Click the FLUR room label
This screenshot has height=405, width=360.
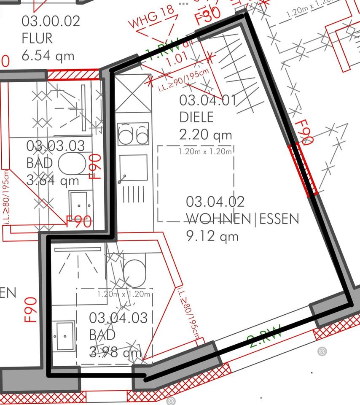pyautogui.click(x=37, y=38)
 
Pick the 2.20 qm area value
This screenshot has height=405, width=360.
pyautogui.click(x=206, y=135)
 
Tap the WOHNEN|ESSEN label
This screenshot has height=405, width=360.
pyautogui.click(x=243, y=219)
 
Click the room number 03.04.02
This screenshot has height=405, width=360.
pyautogui.click(x=215, y=202)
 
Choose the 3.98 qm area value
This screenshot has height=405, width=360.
pyautogui.click(x=115, y=352)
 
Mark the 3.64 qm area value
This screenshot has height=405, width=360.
pyautogui.click(x=53, y=181)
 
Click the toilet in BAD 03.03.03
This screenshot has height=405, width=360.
pyautogui.click(x=72, y=164)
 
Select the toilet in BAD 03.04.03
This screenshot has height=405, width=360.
pyautogui.click(x=134, y=271)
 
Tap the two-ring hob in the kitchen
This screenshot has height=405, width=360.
pyautogui.click(x=133, y=134)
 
